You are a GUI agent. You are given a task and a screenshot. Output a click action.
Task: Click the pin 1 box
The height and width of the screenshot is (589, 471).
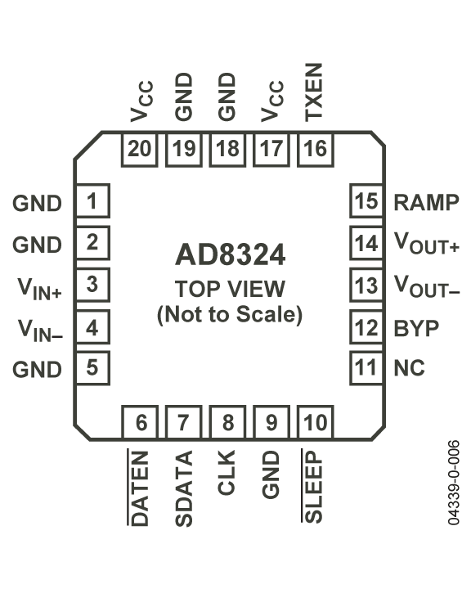click(92, 200)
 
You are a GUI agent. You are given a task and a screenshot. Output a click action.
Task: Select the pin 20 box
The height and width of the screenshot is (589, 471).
click(139, 149)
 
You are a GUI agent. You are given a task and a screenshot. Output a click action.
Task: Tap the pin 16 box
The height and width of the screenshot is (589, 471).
click(316, 149)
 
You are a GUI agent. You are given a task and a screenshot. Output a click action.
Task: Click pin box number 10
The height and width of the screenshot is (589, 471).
click(316, 422)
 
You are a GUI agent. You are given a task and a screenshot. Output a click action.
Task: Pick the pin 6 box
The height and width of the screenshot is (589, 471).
click(140, 422)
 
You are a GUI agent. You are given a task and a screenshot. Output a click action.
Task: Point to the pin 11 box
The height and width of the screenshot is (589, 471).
click(366, 368)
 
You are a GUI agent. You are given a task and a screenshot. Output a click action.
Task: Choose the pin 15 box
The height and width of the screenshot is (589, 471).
click(366, 200)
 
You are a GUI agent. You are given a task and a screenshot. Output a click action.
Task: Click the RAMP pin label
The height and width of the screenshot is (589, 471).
click(426, 203)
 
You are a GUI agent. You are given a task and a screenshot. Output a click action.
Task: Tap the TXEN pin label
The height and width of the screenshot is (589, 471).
click(314, 92)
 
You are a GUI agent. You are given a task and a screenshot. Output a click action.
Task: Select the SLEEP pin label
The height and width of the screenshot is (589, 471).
click(312, 486)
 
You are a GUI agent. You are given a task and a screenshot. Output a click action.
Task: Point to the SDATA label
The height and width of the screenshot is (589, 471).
click(184, 488)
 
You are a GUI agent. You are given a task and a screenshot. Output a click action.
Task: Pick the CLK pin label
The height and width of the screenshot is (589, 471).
click(227, 473)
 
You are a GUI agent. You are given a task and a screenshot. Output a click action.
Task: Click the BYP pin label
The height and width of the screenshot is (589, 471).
click(416, 329)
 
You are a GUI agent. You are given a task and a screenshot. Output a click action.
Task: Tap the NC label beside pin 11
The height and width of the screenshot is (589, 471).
click(409, 368)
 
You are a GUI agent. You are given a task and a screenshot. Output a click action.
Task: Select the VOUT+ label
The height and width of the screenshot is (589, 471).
click(427, 243)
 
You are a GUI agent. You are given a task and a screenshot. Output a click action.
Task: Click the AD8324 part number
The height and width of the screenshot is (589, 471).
click(231, 255)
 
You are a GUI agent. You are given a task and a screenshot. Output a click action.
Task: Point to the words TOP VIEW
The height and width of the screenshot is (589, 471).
click(231, 289)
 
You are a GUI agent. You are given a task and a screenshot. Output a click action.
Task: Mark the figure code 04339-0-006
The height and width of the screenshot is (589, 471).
click(454, 483)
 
